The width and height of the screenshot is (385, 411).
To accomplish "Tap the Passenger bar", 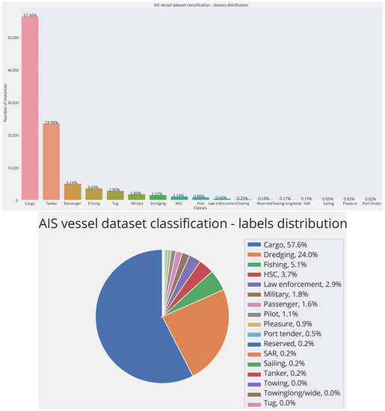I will tap(73, 191).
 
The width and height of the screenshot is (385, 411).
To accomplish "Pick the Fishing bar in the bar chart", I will tap(94, 194).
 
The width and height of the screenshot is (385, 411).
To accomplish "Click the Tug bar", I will tap(115, 195).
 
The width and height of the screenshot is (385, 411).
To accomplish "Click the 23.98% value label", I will tap(51, 122).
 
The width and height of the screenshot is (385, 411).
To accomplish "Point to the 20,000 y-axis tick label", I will tap(13, 135).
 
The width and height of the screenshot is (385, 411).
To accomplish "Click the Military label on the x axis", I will tap(136, 203).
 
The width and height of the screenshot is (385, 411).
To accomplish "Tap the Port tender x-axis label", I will tap(372, 203).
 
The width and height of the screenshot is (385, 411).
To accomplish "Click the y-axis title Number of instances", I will tap(4, 105).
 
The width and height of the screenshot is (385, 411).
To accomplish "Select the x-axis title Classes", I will tap(200, 208).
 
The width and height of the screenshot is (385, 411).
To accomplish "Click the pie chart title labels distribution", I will tap(193, 223).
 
